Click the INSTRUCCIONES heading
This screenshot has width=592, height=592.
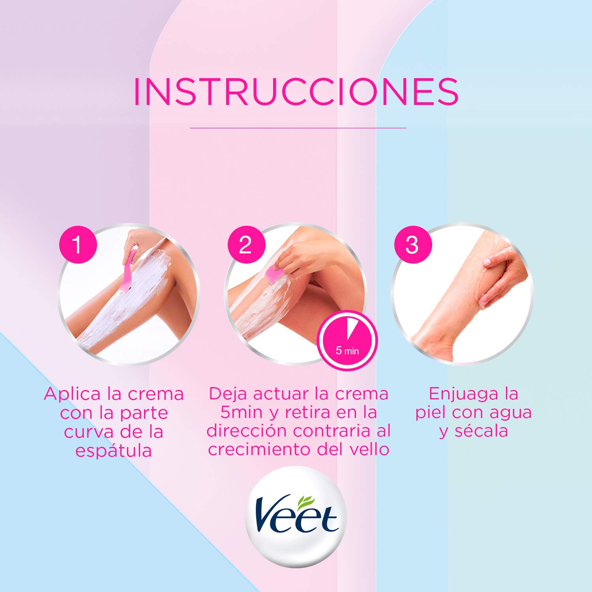[296, 92]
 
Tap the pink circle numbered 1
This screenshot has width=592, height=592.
[78, 245]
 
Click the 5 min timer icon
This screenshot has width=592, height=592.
[348, 341]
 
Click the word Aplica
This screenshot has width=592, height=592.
[72, 394]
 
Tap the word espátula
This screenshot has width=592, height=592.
[114, 451]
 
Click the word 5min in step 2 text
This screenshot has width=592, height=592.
[242, 412]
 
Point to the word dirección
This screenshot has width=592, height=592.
[247, 431]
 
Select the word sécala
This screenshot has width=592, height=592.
[481, 431]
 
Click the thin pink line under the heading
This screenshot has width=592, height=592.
[298, 128]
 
